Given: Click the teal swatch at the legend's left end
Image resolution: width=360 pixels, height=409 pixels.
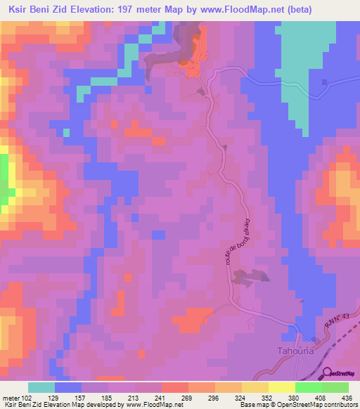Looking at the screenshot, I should coord(41,387).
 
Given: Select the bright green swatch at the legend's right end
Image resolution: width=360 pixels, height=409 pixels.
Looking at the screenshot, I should coord(335,387).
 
